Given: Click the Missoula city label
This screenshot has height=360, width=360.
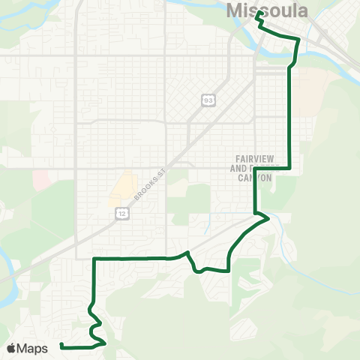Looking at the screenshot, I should click(x=267, y=10).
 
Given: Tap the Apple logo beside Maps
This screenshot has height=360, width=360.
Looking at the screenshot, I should click(x=11, y=348).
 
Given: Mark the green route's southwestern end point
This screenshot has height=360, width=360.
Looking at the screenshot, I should click(x=61, y=346).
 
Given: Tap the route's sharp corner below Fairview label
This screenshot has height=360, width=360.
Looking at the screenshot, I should click(x=289, y=169).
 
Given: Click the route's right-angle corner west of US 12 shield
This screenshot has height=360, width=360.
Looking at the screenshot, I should click(x=94, y=258).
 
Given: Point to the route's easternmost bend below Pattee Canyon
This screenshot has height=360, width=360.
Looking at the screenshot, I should click(x=267, y=217).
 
